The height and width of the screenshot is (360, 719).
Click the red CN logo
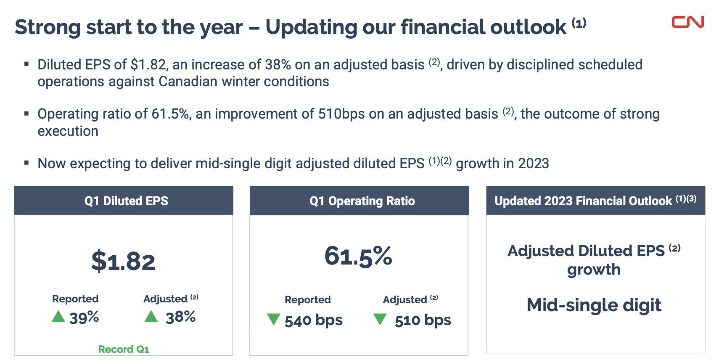pyautogui.click(x=687, y=22)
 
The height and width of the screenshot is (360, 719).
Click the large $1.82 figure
pyautogui.click(x=123, y=261)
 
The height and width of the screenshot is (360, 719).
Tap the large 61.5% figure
pyautogui.click(x=358, y=256)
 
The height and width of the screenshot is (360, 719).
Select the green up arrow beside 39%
pyautogui.click(x=58, y=316)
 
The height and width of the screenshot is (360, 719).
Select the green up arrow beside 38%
pyautogui.click(x=151, y=316)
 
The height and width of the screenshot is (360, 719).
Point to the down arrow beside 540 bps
pyautogui.click(x=274, y=319)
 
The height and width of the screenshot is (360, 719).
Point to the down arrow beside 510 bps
pyautogui.click(x=380, y=319)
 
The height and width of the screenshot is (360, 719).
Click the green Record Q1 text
pyautogui.click(x=124, y=349)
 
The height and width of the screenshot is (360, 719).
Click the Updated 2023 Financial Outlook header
pyautogui.click(x=595, y=201)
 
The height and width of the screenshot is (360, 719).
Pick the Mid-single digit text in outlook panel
pyautogui.click(x=594, y=305)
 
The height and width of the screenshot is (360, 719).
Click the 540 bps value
pyautogui.click(x=314, y=320)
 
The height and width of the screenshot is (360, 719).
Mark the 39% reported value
pyautogui.click(x=85, y=318)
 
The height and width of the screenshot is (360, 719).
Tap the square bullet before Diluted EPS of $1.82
pyautogui.click(x=26, y=64)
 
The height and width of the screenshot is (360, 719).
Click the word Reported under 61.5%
pyautogui.click(x=307, y=299)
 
